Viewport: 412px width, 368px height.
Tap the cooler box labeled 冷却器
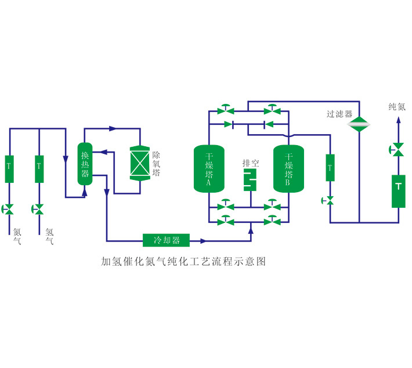[167, 240]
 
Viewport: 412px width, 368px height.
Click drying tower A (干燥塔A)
[208, 168]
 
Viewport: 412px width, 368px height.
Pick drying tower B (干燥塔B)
[289, 168]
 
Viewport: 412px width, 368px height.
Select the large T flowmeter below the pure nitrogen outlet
[398, 190]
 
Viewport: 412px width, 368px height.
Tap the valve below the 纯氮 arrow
[398, 149]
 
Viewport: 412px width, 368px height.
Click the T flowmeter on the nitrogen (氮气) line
[9, 168]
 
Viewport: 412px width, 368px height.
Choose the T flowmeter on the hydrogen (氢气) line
[39, 168]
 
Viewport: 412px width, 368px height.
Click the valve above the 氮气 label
[9, 208]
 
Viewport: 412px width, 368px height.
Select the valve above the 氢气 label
[39, 208]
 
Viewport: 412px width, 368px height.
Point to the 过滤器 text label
[339, 114]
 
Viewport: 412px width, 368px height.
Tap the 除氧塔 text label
[157, 164]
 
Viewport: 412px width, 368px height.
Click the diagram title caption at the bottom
[183, 262]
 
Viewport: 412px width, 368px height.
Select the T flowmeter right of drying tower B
[330, 168]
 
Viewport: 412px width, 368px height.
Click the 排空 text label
[251, 163]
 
